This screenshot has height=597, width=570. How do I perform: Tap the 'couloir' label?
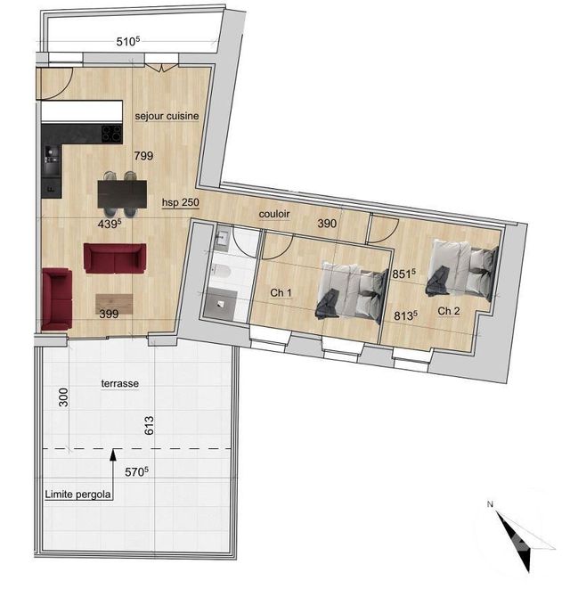(277, 215)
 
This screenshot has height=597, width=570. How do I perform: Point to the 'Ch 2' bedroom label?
(449, 311)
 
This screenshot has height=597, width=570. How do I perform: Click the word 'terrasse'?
(121, 383)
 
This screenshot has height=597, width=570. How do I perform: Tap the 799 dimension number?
(143, 156)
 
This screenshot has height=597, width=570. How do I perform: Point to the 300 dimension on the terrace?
(63, 399)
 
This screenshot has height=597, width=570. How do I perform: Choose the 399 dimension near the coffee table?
(108, 314)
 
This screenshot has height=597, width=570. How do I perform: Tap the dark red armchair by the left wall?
(57, 298)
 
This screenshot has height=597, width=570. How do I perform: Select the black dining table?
(123, 191)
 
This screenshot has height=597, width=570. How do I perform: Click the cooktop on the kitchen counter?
(111, 135)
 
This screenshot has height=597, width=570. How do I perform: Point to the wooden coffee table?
(115, 302)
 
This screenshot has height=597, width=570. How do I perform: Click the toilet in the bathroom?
(223, 273)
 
